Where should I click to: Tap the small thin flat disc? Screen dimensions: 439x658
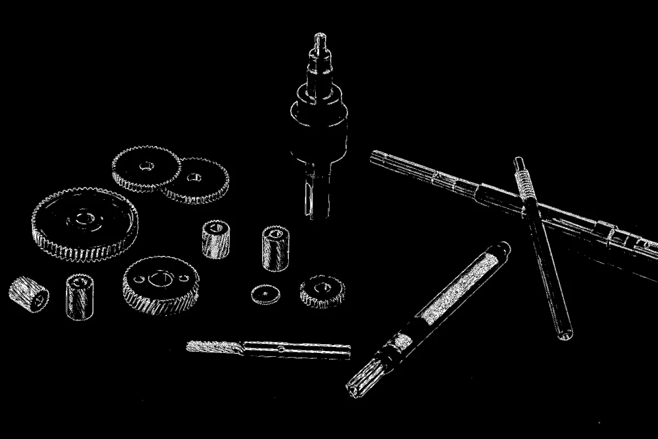coord(266,295)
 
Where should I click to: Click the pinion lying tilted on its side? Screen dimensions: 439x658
coord(29,294)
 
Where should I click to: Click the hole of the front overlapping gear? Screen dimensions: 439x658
coord(146,166)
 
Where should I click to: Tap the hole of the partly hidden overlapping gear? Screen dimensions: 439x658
coord(194,177)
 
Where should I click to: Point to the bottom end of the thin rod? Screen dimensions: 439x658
coord(565,333)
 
